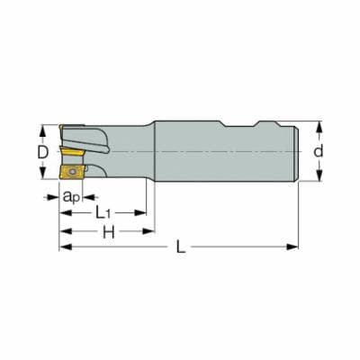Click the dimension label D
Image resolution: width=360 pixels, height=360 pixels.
(x=43, y=152)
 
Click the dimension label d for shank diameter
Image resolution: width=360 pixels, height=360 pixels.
(x=319, y=151)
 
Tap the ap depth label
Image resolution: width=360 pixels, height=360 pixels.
(x=72, y=197)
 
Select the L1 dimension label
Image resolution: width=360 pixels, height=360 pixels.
(x=103, y=212)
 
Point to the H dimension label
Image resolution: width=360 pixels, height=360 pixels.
(x=108, y=231)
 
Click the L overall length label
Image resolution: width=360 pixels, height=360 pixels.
(x=181, y=247)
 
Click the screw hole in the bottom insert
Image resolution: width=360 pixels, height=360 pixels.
(x=72, y=172)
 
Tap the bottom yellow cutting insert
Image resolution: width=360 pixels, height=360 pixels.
(x=71, y=172)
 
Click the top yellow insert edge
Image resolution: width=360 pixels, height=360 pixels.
(x=71, y=126)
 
